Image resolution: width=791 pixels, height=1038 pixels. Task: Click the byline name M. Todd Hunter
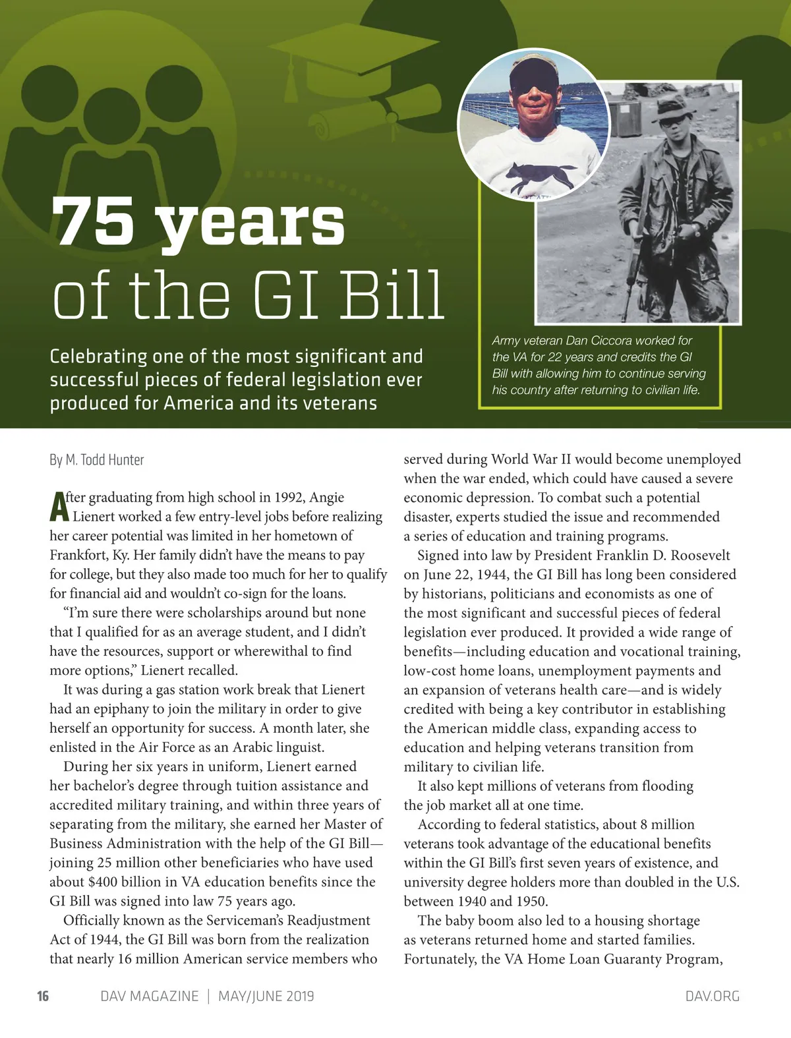(104, 460)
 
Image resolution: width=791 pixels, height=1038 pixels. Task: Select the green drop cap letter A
(58, 507)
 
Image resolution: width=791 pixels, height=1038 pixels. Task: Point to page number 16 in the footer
(43, 996)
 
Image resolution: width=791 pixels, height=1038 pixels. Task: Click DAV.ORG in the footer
(712, 996)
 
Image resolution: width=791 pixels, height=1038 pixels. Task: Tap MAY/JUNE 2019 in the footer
(266, 996)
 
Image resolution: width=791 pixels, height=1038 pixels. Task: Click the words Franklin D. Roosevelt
(662, 556)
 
